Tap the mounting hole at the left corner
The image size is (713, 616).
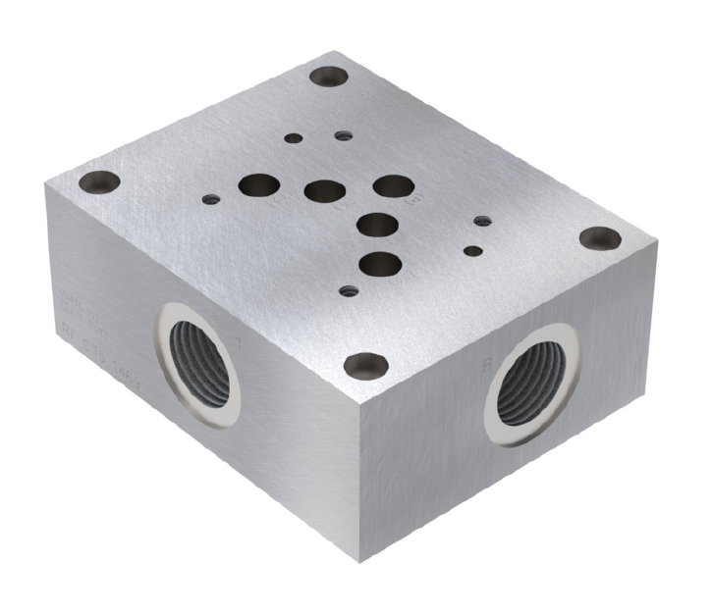[101, 181]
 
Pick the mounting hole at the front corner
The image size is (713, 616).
[365, 365]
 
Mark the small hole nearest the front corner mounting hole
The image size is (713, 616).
[346, 290]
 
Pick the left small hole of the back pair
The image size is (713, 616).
[293, 138]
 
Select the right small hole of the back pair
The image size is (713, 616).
[342, 135]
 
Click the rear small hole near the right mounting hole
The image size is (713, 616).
[481, 222]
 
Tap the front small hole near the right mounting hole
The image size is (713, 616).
[473, 251]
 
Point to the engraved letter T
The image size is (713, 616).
[243, 344]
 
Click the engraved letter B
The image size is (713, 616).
[487, 365]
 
